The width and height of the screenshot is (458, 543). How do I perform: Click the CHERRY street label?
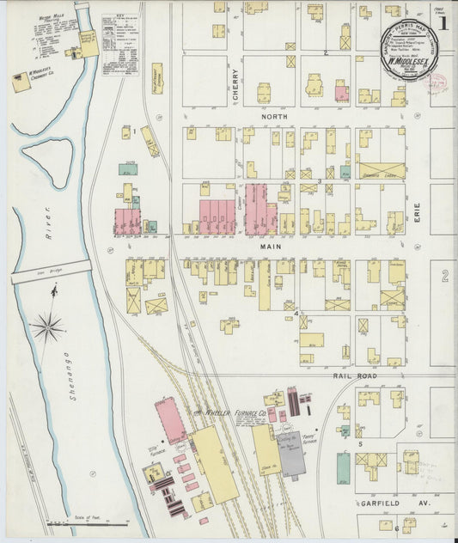[235, 84]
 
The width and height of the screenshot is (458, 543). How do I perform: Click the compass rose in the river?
[49, 326]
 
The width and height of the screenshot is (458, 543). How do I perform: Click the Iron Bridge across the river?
[51, 273]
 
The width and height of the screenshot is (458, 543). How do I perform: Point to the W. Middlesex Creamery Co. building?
[21, 82]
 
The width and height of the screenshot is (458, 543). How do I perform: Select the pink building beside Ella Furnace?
[170, 421]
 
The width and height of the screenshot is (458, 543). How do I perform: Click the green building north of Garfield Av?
[344, 467]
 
